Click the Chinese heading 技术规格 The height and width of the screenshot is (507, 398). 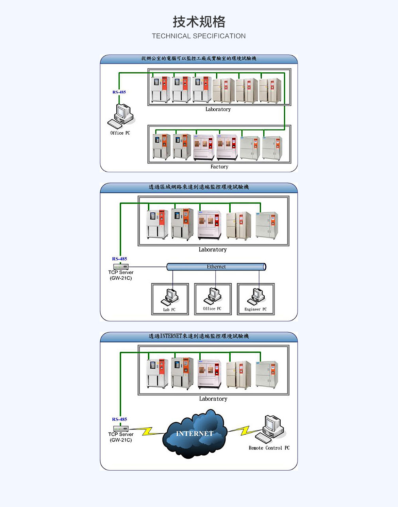[x=199, y=22]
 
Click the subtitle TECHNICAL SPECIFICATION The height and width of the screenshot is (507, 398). [x=199, y=36]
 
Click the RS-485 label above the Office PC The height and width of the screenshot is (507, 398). [x=119, y=92]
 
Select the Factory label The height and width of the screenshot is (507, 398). [x=219, y=167]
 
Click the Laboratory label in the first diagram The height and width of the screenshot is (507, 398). [x=218, y=109]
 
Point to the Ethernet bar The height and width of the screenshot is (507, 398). [x=216, y=267]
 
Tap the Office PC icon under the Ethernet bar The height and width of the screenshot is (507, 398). [x=213, y=296]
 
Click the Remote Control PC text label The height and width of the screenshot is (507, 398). [x=269, y=448]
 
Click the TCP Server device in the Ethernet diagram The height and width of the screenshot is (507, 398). [x=121, y=267]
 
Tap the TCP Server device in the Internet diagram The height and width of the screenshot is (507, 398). [x=121, y=429]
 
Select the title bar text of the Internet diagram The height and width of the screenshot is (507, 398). [x=199, y=336]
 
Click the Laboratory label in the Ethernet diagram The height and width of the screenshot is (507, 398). [x=213, y=250]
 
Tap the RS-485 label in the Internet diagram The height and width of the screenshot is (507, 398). [x=119, y=419]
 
